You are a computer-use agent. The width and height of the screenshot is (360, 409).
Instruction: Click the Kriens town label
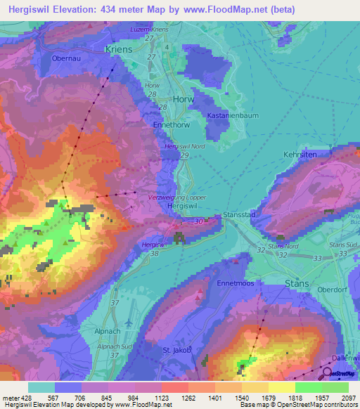point(117,50)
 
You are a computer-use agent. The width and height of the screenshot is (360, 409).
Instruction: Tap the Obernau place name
point(67,59)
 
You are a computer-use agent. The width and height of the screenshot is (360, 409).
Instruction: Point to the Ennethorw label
point(171,124)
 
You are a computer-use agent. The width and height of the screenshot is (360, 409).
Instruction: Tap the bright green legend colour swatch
point(308,387)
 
